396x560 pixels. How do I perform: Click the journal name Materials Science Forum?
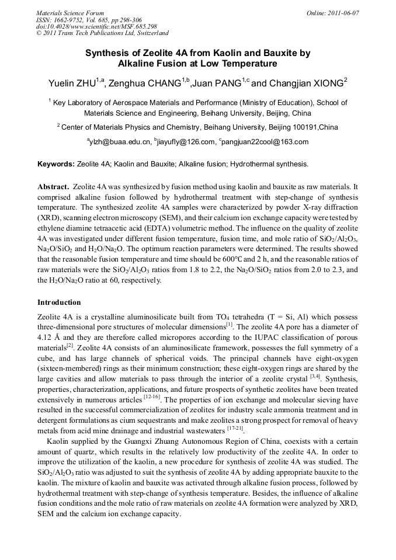pyautogui.click(x=70, y=12)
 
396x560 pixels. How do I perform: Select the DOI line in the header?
pyautogui.click(x=96, y=26)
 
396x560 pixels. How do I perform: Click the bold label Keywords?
pyautogui.click(x=56, y=164)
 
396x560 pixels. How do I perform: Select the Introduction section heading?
pyautogui.click(x=59, y=302)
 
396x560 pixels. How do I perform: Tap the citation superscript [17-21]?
pyautogui.click(x=235, y=428)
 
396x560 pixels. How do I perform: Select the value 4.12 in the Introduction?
pyautogui.click(x=45, y=338)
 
